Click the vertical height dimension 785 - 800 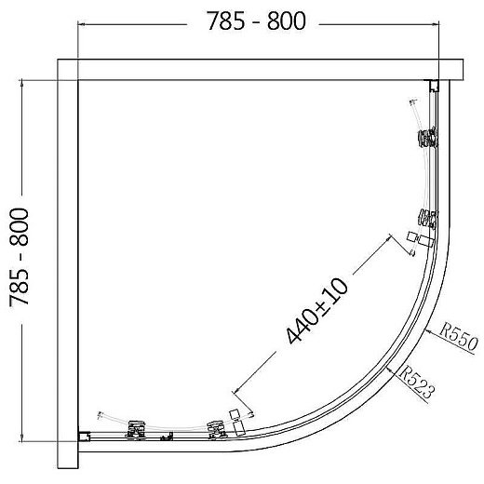click(21, 259)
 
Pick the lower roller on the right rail click(427, 220)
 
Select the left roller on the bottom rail click(136, 428)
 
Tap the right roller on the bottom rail click(218, 428)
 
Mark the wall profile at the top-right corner click(434, 87)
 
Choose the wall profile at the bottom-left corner click(85, 435)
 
